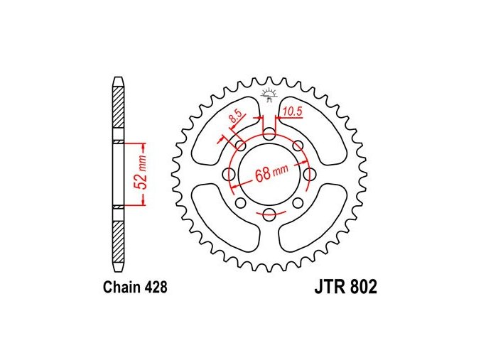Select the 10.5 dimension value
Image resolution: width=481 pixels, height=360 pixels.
coord(292,111)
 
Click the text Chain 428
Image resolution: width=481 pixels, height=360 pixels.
coord(135,288)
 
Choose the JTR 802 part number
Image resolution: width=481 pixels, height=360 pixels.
coord(346,288)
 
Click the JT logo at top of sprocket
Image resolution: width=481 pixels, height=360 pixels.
coord(269,94)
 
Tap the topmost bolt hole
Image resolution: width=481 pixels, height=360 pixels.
coord(269,133)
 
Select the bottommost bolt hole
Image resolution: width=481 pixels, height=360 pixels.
coord(269,214)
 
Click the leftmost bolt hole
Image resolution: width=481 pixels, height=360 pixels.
coord(229,174)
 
